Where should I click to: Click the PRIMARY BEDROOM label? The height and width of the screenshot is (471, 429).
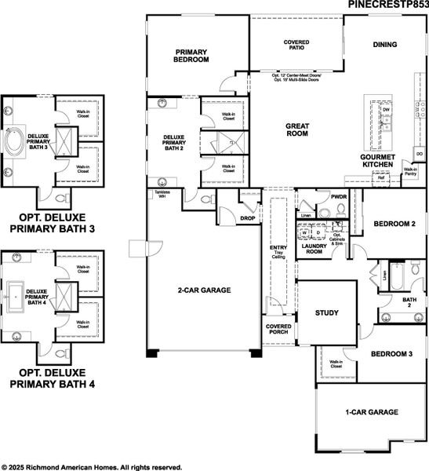coord(191,56)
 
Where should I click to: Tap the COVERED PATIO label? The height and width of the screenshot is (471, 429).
coord(296,45)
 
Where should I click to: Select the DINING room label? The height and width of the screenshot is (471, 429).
coord(384,45)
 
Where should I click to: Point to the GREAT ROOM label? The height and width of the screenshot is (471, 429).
coord(296,129)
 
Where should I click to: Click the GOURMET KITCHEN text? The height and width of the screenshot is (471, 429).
coord(382,161)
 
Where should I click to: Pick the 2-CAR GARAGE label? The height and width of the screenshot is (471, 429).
coord(204,290)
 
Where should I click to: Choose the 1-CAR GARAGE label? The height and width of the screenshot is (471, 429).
coord(372,412)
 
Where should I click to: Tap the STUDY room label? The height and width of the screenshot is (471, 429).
coord(326,313)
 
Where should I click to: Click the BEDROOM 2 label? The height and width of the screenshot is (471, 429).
coord(393,224)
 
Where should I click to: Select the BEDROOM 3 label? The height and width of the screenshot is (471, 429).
coord(392,354)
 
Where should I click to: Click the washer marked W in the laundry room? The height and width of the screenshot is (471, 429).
coord(304,233)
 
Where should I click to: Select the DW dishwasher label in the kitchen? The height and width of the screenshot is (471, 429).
coord(386,110)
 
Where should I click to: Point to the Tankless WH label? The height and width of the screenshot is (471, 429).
coord(162,194)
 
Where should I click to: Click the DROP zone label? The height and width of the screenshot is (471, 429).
coord(248,218)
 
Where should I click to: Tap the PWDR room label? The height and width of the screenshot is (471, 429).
coord(339,197)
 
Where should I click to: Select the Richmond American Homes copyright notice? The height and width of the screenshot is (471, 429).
coord(92,466)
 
